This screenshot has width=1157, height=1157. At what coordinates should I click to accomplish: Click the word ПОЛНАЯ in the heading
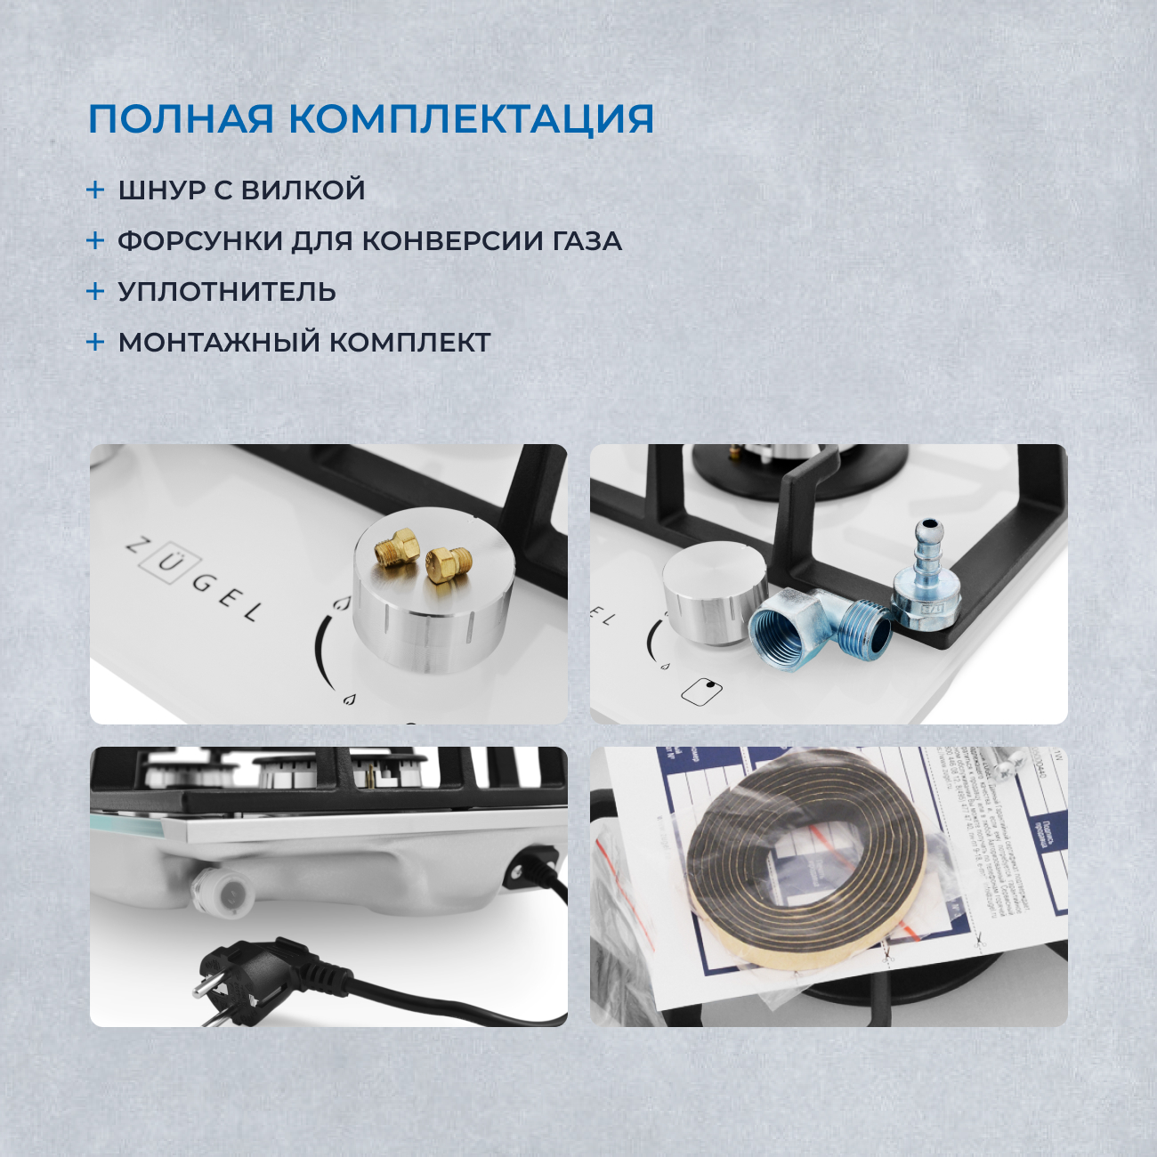point(181,119)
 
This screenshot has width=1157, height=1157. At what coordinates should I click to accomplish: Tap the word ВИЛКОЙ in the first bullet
point(303,190)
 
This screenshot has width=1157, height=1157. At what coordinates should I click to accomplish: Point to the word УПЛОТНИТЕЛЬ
point(227,291)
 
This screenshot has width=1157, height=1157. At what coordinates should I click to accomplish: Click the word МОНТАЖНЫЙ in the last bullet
point(219,342)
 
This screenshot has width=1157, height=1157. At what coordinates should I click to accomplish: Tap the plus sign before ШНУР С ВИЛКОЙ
point(95,190)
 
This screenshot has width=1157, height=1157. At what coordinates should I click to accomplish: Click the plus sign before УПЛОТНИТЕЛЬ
point(95,291)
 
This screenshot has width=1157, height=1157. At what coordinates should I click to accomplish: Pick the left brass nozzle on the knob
point(396,546)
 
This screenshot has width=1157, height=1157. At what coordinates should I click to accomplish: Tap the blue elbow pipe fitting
point(819,626)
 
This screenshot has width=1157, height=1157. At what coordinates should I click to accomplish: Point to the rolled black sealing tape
point(805,859)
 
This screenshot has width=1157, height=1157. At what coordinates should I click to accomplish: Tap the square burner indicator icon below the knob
point(701,692)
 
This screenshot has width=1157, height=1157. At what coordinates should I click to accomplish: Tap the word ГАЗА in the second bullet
point(587,240)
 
